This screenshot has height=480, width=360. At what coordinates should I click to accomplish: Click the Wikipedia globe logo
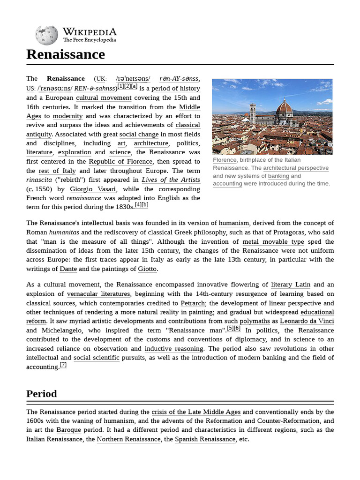pyautogui.click(x=46, y=36)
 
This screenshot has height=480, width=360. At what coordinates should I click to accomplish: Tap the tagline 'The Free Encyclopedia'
pyautogui.click(x=90, y=40)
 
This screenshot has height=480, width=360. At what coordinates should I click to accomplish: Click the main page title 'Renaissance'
pyautogui.click(x=66, y=54)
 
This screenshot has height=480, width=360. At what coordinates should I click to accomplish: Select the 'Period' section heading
pyautogui.click(x=42, y=394)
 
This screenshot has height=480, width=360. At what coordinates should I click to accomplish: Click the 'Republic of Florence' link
pyautogui.click(x=121, y=162)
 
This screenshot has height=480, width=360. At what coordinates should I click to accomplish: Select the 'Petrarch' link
pyautogui.click(x=193, y=303)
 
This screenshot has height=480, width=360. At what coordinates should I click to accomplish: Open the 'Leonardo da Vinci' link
pyautogui.click(x=307, y=321)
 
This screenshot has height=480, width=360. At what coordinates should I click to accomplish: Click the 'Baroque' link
pyautogui.click(x=68, y=430)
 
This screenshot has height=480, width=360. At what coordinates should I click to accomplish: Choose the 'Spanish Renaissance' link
pyautogui.click(x=205, y=439)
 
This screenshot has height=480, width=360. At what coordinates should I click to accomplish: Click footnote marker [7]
pyautogui.click(x=63, y=365)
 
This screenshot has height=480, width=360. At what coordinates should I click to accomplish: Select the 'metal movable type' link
pyautogui.click(x=273, y=242)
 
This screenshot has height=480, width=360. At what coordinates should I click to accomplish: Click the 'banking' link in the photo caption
pyautogui.click(x=278, y=176)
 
